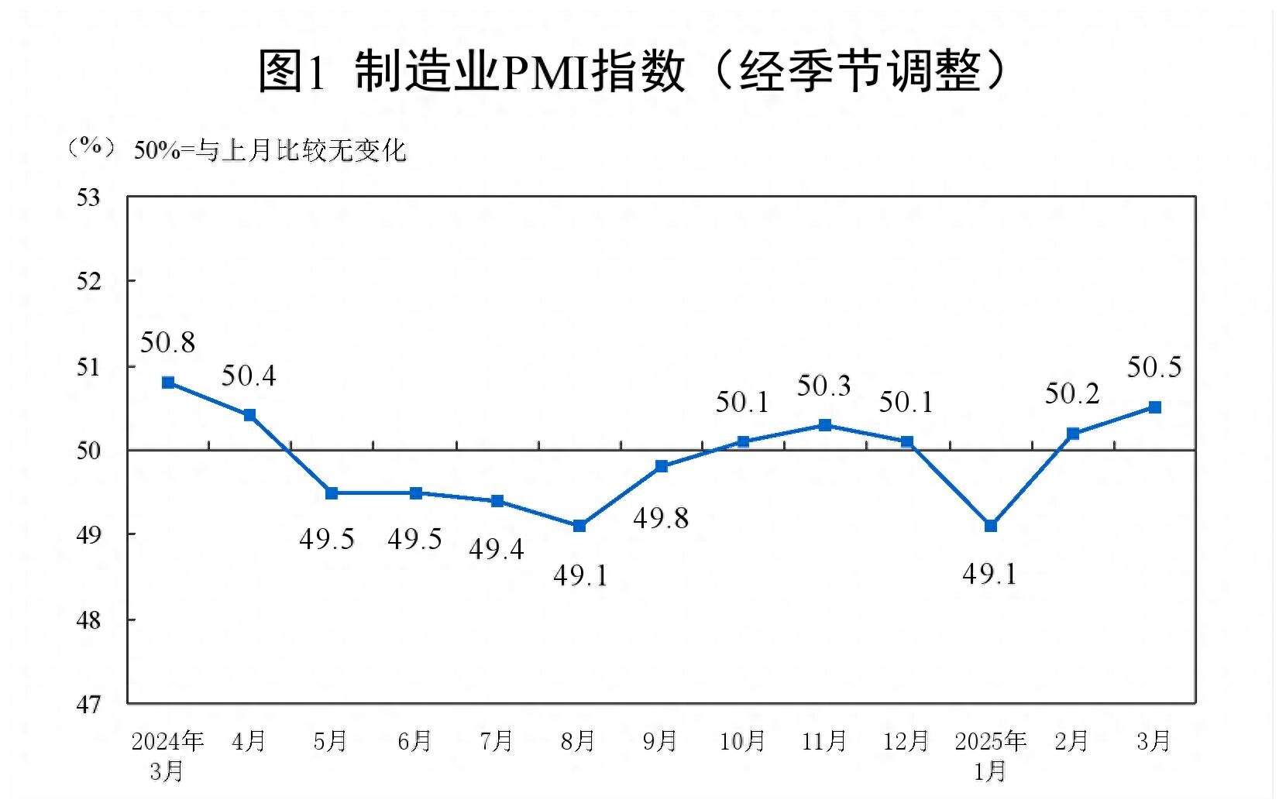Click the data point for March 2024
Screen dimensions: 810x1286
point(168,383)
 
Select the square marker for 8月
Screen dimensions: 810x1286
point(579,526)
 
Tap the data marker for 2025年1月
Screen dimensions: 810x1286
point(990,526)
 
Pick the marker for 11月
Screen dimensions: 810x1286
point(825,425)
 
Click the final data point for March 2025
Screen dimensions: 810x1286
point(1154,407)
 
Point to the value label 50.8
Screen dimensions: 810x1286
point(167,342)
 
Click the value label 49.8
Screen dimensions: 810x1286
point(661,518)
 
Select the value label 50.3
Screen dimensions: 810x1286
point(824,386)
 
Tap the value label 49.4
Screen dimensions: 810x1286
point(497,549)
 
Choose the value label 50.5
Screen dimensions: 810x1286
point(1154,367)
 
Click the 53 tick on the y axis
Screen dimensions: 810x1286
point(88,198)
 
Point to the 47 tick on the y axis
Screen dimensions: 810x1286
point(88,705)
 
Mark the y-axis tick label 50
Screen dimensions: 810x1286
point(88,451)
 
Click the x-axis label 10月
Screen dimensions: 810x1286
point(742,742)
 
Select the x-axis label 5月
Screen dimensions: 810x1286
point(330,742)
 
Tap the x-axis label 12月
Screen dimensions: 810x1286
point(906,742)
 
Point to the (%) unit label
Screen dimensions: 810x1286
point(91,147)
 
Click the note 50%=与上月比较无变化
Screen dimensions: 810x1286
point(270,150)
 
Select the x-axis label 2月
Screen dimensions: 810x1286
point(1071,742)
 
